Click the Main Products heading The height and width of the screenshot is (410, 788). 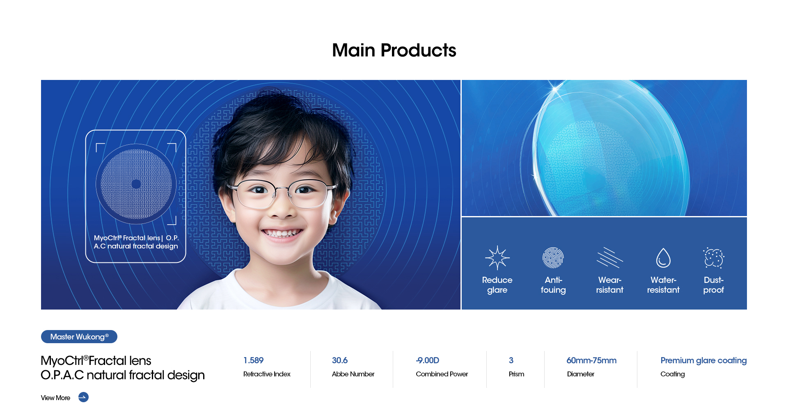click(x=394, y=50)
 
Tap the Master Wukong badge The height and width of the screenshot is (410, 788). click(x=79, y=337)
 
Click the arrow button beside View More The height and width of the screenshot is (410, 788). click(x=83, y=397)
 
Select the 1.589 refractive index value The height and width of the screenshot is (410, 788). click(x=253, y=360)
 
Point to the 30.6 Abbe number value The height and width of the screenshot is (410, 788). click(x=340, y=360)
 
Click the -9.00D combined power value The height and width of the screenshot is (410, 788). click(x=427, y=360)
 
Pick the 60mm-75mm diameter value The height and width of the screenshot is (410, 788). click(x=591, y=360)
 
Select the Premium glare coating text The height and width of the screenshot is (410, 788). click(x=703, y=360)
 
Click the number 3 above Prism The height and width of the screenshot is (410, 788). click(x=511, y=360)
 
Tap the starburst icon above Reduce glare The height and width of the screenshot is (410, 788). click(x=497, y=258)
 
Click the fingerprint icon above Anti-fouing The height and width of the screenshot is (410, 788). click(x=553, y=258)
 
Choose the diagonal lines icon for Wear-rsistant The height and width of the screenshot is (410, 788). click(x=609, y=258)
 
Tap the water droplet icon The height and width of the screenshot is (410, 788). click(x=663, y=258)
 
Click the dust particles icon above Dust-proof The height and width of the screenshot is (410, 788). click(x=714, y=258)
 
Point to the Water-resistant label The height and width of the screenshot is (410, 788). click(x=663, y=285)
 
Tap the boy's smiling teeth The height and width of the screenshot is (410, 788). click(x=282, y=233)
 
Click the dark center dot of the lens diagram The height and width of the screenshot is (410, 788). click(x=136, y=184)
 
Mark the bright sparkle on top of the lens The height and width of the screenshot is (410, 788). click(x=554, y=89)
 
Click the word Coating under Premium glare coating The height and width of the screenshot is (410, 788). click(x=673, y=374)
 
